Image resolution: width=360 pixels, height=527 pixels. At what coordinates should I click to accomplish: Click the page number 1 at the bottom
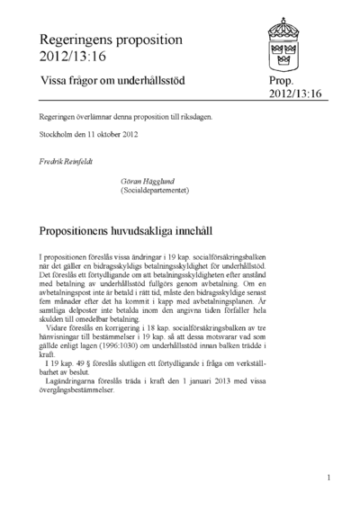coord(329,478)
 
